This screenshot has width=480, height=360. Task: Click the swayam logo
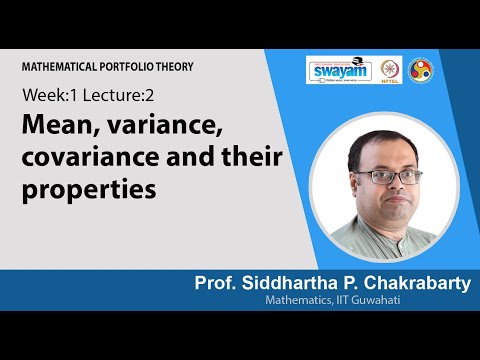coord(339,72)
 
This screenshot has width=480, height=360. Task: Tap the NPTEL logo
coord(392,72)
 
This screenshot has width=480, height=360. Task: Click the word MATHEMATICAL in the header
coord(65,66)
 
